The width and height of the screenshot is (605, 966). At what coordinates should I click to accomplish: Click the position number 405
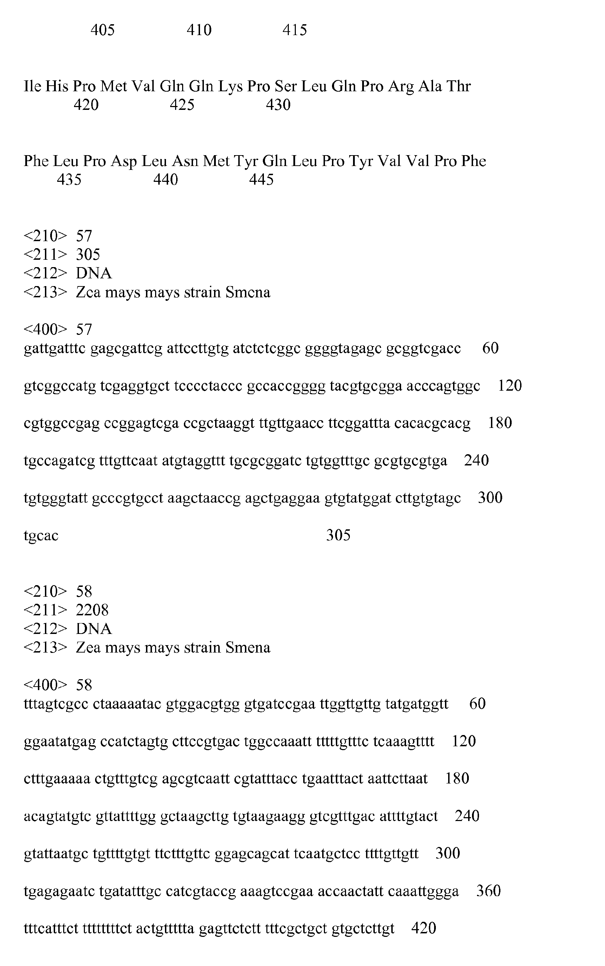[102, 30]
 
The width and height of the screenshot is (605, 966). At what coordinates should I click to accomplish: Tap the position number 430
[278, 105]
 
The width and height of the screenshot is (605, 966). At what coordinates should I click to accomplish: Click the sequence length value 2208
[92, 610]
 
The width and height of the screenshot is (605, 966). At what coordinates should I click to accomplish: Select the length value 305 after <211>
[88, 254]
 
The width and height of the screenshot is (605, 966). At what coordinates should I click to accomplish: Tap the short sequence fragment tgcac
[41, 535]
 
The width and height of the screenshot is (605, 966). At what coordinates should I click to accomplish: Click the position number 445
[261, 180]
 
